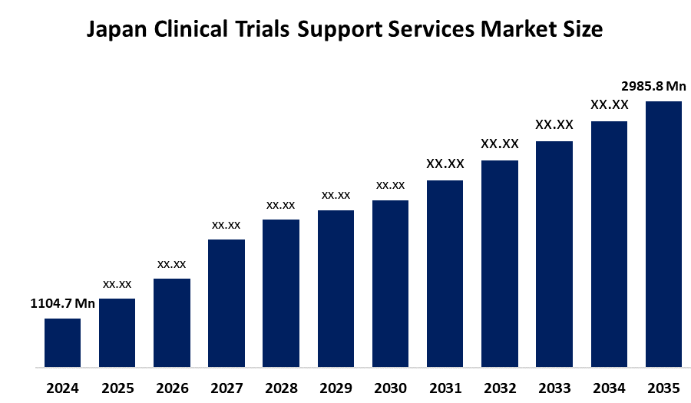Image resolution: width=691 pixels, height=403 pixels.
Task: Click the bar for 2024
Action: click(62, 342)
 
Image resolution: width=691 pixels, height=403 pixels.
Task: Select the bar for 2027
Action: click(226, 303)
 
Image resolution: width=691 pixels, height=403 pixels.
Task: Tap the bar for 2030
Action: click(390, 283)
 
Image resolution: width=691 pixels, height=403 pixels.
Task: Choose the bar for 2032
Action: click(500, 263)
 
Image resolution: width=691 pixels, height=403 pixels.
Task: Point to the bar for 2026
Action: click(172, 322)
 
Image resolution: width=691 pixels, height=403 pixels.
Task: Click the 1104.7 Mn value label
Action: click(62, 304)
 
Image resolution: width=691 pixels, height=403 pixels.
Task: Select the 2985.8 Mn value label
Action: click(653, 86)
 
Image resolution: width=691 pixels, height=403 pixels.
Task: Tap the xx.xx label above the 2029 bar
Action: click(336, 195)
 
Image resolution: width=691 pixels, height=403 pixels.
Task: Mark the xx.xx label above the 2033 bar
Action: click(554, 124)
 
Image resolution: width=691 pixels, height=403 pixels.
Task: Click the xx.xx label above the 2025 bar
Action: click(117, 284)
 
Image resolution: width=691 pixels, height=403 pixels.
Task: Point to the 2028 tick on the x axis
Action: click(281, 388)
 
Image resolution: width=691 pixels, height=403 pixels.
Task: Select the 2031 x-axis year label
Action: click(445, 388)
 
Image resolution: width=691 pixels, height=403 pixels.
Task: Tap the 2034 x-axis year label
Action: click(609, 388)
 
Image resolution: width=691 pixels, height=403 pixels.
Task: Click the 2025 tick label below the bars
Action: click(117, 388)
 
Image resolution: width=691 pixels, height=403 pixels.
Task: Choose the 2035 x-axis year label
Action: click(663, 388)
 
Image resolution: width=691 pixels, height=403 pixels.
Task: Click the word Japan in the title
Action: click(118, 31)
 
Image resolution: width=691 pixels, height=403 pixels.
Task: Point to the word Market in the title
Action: click(520, 31)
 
